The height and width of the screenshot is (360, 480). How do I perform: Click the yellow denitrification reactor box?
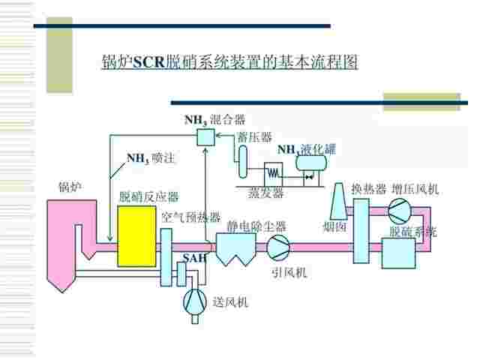click(136, 236)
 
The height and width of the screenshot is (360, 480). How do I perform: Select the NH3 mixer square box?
click(205, 136)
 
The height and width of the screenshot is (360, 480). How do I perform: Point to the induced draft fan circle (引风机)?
click(278, 247)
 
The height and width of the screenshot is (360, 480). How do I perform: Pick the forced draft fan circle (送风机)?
click(195, 302)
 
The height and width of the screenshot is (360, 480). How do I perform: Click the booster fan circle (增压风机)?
click(400, 211)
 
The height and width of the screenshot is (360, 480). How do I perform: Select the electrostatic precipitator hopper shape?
click(235, 249)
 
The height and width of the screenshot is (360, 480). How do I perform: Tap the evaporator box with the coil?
click(273, 174)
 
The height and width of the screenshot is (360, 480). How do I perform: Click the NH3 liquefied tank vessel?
click(311, 163)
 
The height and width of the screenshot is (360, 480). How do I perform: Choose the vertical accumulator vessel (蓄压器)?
click(243, 161)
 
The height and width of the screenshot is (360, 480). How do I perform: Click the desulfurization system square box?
click(398, 253)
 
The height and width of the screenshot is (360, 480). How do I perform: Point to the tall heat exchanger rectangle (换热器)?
click(361, 231)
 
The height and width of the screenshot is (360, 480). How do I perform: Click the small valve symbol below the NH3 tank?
click(308, 177)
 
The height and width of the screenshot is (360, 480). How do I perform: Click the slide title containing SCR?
click(229, 62)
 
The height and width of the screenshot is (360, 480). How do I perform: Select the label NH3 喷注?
click(151, 158)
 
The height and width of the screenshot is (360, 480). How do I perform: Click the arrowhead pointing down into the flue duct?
click(110, 238)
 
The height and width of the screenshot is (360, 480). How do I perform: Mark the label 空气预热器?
click(191, 217)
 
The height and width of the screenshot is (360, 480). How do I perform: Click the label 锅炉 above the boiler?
click(70, 187)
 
